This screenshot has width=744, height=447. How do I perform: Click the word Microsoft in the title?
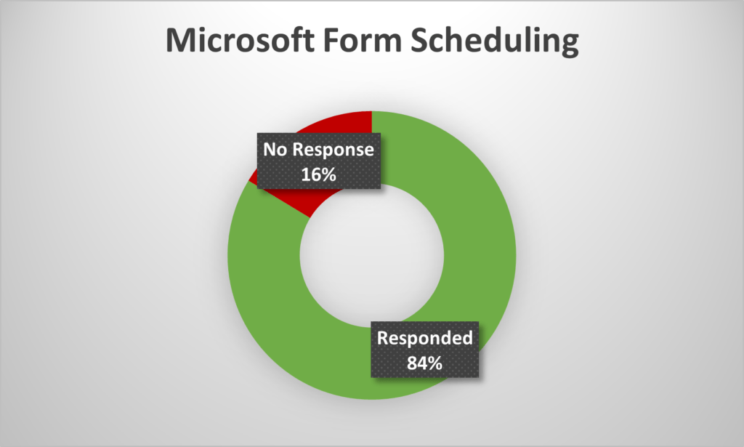240,40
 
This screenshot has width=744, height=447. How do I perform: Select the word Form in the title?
363,40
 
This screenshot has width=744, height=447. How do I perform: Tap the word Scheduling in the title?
494,41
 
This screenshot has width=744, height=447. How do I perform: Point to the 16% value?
318,174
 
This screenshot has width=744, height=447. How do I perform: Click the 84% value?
424,363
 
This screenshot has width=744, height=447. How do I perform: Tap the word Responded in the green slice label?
424,338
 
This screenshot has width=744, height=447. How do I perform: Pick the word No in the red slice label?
275,149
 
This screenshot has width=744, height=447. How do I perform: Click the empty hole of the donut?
371,256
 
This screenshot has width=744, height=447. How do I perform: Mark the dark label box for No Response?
319,161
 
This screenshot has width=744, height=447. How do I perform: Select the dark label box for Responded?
424,350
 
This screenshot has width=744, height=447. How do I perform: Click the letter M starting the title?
182,40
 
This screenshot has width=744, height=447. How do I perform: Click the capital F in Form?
331,40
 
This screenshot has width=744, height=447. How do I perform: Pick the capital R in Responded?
384,338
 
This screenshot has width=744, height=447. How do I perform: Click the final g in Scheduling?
570,46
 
